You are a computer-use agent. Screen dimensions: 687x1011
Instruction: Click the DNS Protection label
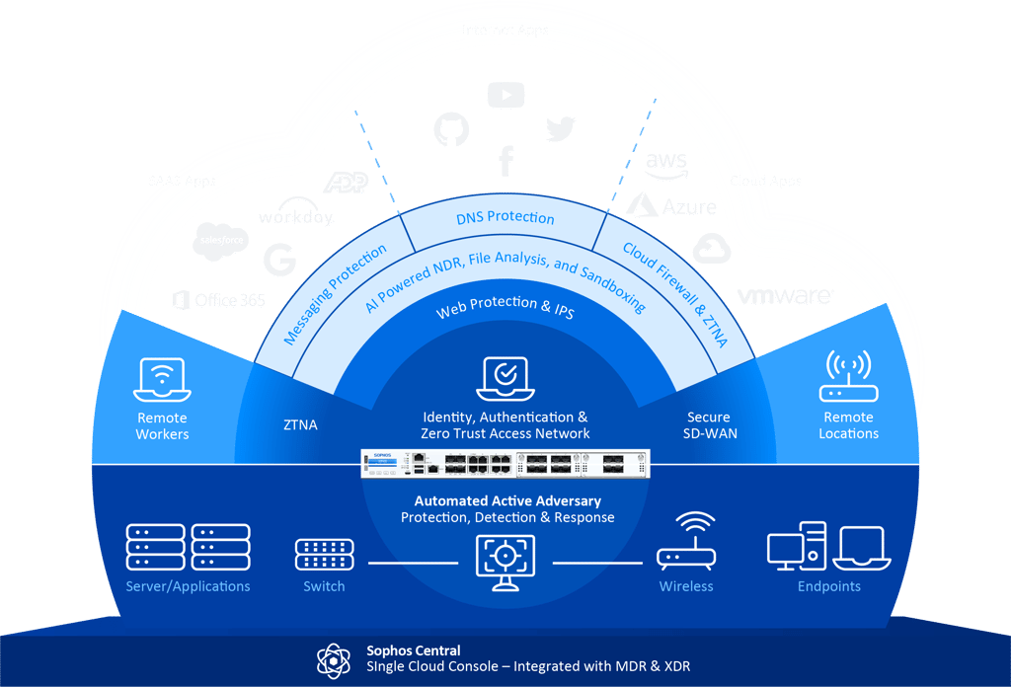point(505,218)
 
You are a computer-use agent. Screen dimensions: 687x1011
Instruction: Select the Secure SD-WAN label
point(709,425)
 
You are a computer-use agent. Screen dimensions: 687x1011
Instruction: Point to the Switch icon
point(324,555)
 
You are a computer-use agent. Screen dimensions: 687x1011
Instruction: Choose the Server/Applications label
point(188,586)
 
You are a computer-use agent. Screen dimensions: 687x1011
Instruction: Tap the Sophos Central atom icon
point(333,659)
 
